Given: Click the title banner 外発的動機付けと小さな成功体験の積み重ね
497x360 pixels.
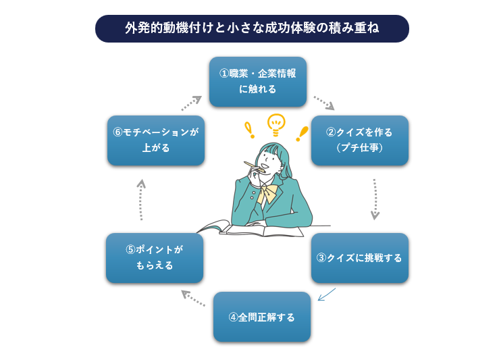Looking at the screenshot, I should point(252,28).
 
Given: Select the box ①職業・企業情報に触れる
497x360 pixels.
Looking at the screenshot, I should point(257,82).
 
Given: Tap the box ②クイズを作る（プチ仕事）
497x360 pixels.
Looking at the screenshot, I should point(359,140).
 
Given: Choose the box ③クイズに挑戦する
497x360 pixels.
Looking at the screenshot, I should point(359,258).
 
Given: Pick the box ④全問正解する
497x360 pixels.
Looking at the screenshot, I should point(262,317).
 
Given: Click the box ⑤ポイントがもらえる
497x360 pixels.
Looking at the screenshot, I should point(155,258).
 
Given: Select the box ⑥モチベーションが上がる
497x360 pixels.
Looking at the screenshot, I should point(155,140).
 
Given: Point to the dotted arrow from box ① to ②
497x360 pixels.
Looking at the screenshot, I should point(323,102).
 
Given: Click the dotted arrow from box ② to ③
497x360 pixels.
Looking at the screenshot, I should point(374,199).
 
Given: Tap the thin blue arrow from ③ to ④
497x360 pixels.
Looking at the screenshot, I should point(326,294).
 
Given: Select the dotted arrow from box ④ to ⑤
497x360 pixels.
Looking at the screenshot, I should point(193,298).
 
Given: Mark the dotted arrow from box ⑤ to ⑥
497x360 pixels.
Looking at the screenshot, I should point(140,200).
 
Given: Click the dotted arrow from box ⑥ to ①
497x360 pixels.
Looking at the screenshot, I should point(191,103).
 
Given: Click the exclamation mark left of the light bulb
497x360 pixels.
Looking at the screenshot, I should point(249,130).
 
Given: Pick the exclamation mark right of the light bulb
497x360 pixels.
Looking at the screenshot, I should point(302,132).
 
